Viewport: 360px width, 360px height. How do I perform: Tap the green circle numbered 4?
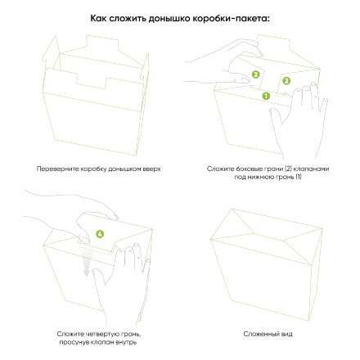click(101, 234)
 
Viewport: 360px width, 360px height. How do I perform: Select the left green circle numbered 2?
click(255, 74)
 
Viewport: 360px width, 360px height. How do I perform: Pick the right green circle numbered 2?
click(286, 80)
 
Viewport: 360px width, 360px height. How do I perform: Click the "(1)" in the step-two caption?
click(299, 174)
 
